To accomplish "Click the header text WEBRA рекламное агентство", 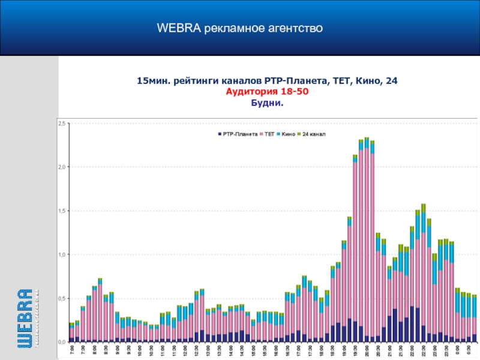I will tap(240, 28).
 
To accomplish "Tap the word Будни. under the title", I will tap(266, 103).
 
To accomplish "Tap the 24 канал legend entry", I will tap(314, 134).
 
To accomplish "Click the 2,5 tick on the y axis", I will tap(62, 123).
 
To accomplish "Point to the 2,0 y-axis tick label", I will tap(62, 167).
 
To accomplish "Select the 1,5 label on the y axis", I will tap(62, 211).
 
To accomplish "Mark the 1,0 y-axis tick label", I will tap(62, 254).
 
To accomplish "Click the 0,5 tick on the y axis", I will tap(62, 298).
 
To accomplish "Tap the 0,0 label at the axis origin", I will tap(62, 341).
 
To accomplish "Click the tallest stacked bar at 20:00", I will tap(367, 240).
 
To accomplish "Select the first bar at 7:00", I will tap(71, 333).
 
